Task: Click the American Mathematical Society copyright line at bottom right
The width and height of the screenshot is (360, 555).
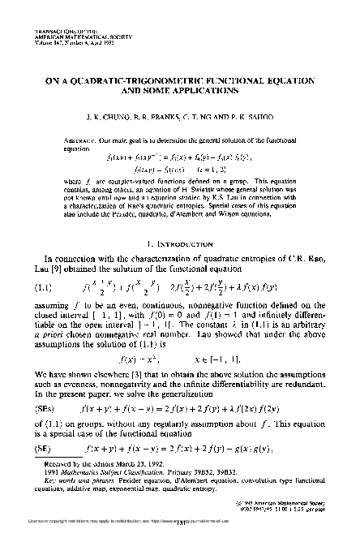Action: pyautogui.click(x=290, y=514)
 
